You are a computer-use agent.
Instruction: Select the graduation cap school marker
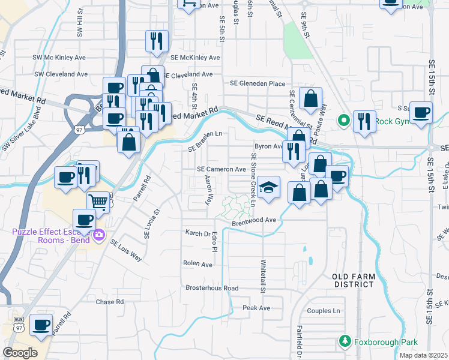(x=270, y=188)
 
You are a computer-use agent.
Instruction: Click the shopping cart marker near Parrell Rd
(x=98, y=202)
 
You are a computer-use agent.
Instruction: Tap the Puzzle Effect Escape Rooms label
(x=50, y=235)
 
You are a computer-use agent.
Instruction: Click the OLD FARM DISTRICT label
(x=354, y=280)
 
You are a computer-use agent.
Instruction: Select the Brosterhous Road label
(x=212, y=288)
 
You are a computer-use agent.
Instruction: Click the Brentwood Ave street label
(x=254, y=220)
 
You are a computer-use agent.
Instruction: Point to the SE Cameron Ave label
(x=221, y=170)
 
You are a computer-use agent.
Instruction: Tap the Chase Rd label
(x=109, y=302)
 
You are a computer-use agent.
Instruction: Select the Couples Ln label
(x=324, y=311)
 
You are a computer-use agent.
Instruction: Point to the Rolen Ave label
(x=198, y=264)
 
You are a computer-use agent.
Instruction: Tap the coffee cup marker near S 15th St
(x=420, y=112)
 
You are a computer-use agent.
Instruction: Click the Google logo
(x=20, y=352)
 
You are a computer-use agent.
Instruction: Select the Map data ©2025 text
(x=423, y=355)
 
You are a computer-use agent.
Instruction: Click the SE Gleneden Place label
(x=255, y=83)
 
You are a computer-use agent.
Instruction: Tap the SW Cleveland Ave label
(x=61, y=74)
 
